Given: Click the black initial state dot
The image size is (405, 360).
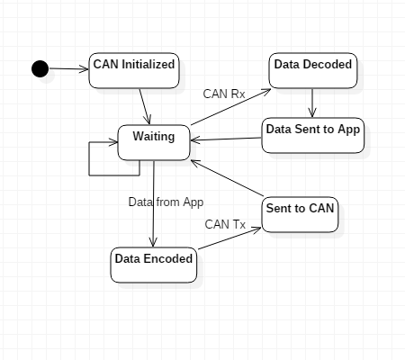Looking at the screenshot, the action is (x=40, y=68).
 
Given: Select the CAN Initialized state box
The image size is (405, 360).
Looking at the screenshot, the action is (x=134, y=70).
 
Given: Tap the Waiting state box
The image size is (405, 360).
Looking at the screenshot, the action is (x=154, y=142).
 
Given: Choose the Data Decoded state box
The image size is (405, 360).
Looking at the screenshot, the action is (x=313, y=70).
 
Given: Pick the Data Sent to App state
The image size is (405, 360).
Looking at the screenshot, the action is (x=313, y=135).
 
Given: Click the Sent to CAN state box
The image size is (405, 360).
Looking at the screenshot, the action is (x=300, y=214).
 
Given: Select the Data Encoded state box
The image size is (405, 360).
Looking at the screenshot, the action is (x=154, y=265).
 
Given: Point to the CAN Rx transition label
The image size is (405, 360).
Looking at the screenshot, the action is (x=224, y=94).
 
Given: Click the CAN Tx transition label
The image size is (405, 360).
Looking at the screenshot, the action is (x=225, y=224).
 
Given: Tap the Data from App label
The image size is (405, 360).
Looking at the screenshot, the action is (x=166, y=202).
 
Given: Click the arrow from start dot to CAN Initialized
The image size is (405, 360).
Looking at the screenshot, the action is (x=68, y=69).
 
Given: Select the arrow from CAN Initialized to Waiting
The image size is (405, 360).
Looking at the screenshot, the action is (x=145, y=106).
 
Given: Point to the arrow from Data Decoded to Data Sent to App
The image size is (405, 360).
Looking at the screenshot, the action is (x=312, y=103).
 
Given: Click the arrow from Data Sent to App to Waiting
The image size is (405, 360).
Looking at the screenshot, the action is (x=226, y=139).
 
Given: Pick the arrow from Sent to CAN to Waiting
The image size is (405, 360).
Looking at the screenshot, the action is (x=227, y=178).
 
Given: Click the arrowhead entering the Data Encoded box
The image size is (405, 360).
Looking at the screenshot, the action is (x=153, y=242).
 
